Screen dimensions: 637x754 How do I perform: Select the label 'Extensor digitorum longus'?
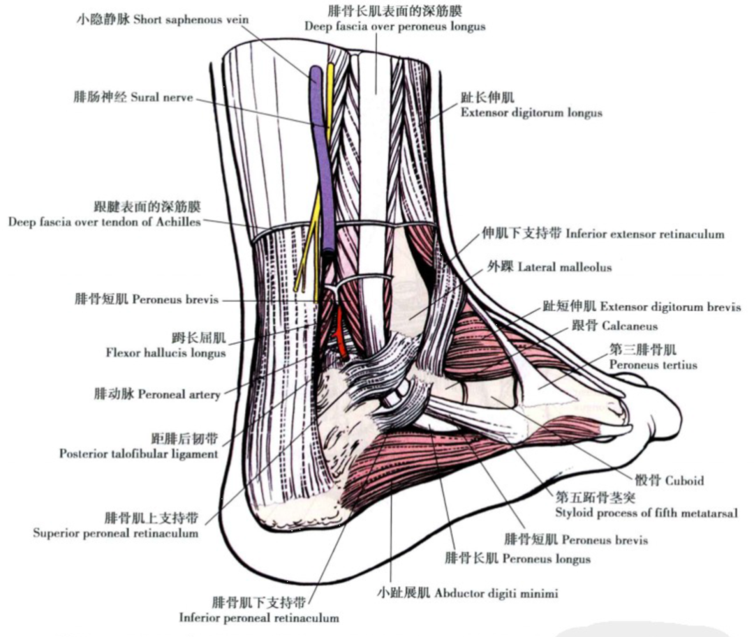pyautogui.click(x=531, y=112)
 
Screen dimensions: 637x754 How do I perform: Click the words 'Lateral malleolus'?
pyautogui.click(x=562, y=267)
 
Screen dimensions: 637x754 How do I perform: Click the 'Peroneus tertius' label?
pyautogui.click(x=653, y=364)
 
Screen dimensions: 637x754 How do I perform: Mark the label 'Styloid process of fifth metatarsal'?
pyautogui.click(x=646, y=513)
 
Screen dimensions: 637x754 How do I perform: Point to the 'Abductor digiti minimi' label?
pyautogui.click(x=496, y=594)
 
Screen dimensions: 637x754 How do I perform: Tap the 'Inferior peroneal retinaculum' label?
pyautogui.click(x=259, y=617)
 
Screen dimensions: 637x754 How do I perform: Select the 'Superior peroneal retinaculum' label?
pyautogui.click(x=115, y=533)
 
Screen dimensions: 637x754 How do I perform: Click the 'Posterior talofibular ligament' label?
pyautogui.click(x=138, y=454)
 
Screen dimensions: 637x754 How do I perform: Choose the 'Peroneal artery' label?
pyautogui.click(x=179, y=394)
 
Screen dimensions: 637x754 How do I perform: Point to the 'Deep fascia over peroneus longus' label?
pyautogui.click(x=394, y=27)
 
